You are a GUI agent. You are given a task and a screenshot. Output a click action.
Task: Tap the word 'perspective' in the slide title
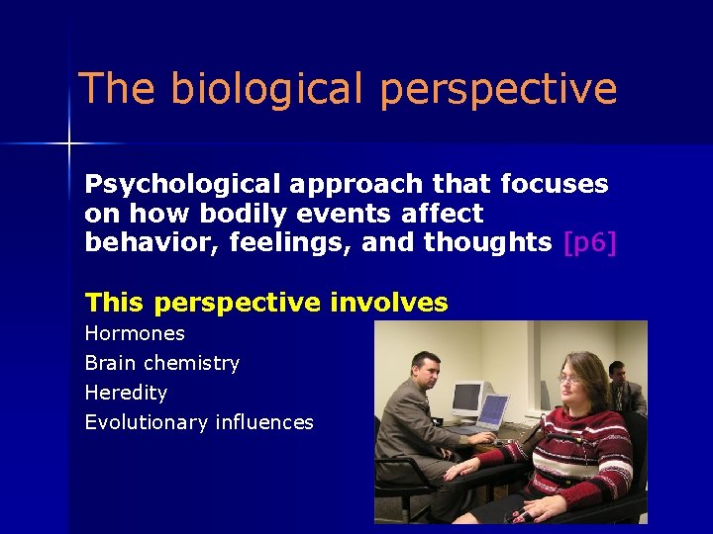click(498, 89)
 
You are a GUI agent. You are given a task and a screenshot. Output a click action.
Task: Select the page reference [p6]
click(589, 243)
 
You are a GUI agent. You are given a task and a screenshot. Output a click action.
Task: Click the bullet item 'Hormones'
click(135, 333)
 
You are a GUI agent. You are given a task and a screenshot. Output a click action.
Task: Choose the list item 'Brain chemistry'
click(162, 363)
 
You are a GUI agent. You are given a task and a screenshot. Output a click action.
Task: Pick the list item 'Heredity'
click(126, 393)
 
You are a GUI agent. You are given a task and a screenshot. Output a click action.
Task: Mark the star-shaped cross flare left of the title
click(69, 144)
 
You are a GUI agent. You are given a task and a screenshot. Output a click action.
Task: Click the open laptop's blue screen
click(492, 410)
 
